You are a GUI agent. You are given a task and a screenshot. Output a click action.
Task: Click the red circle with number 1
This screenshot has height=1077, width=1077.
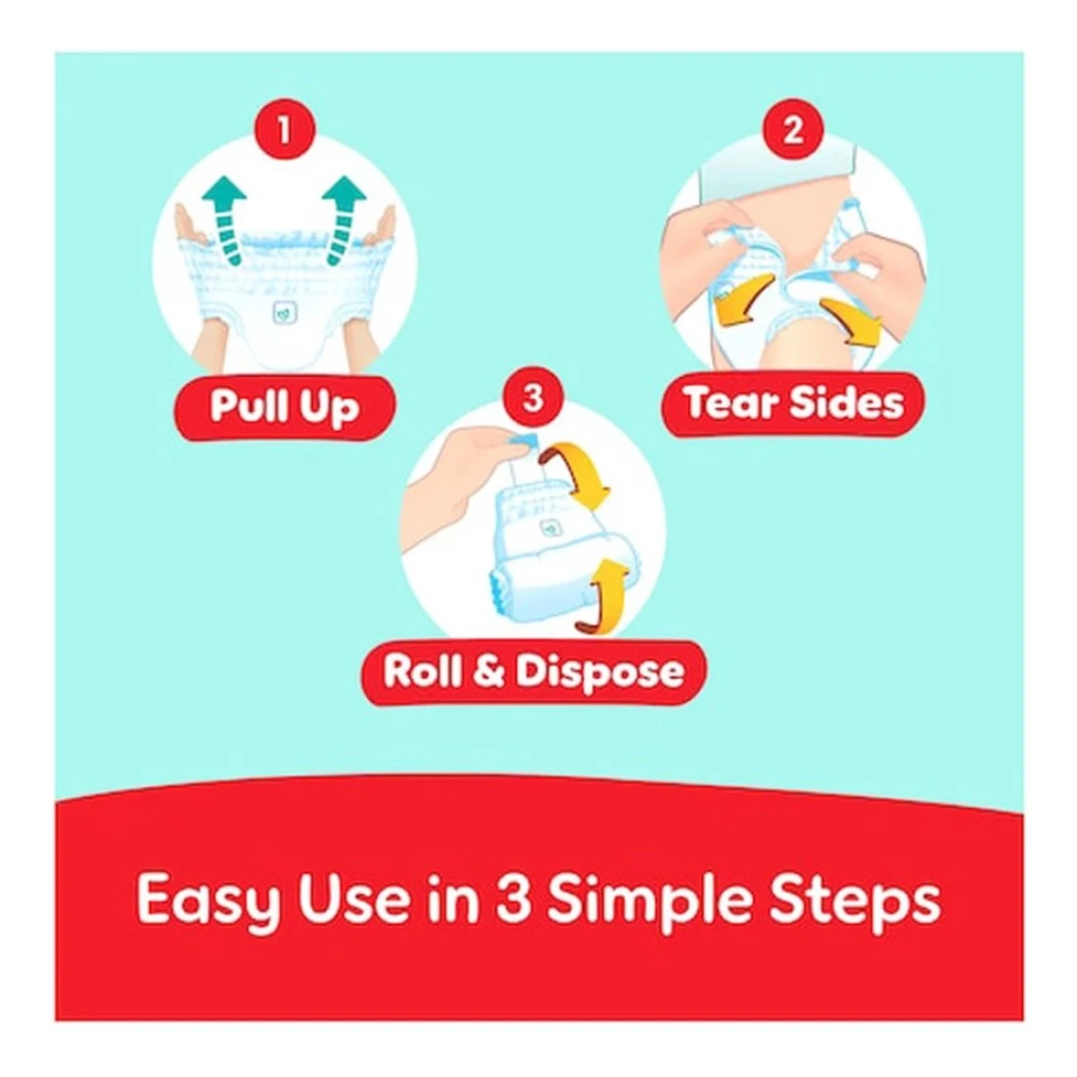(x=284, y=129)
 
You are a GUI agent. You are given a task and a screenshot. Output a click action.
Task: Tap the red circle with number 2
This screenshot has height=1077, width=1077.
(x=793, y=129)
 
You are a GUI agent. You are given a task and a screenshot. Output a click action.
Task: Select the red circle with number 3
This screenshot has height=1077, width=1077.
(x=533, y=398)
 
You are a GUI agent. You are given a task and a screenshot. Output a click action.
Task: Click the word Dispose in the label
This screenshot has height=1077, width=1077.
(x=600, y=674)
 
